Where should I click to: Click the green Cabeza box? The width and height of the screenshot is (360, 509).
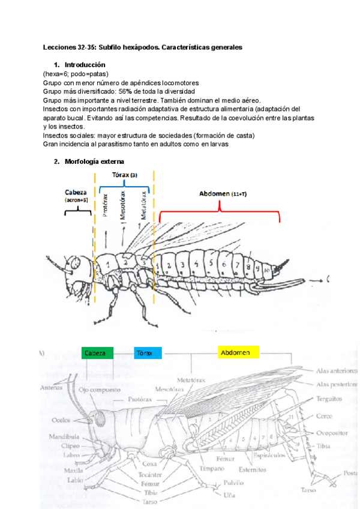coord(96,353)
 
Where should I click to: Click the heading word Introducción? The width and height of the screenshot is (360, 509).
coord(85,64)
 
